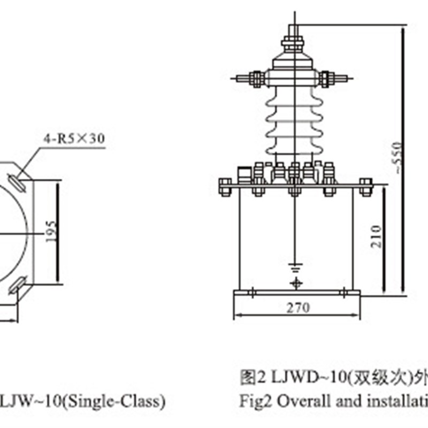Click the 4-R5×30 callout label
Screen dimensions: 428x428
[x=73, y=138]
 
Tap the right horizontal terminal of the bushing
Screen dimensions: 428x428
[x=332, y=79]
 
